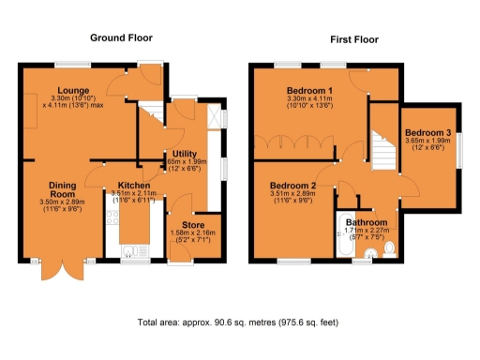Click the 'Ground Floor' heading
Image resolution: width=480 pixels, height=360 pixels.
(120, 38)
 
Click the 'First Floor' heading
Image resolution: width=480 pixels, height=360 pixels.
(354, 41)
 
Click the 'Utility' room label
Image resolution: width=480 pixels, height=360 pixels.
(184, 155)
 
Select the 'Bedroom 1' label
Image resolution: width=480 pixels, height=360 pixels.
(313, 89)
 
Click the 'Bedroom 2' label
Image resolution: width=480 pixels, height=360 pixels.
(292, 186)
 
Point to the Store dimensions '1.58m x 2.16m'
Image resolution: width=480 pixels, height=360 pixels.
(193, 232)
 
